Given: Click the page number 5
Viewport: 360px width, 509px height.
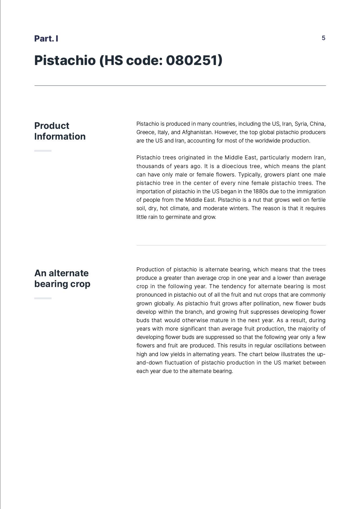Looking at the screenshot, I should (x=323, y=38).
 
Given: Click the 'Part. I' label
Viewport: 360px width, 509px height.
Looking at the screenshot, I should (x=46, y=39).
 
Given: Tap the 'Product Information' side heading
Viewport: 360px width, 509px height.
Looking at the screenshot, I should (x=60, y=131).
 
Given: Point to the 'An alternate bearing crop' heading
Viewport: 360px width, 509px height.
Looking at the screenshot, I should (x=62, y=278).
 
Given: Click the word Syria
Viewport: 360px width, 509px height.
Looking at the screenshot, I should (x=301, y=124).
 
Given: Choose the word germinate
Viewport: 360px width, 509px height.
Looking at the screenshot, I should (x=177, y=217).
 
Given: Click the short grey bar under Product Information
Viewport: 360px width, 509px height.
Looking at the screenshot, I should (x=43, y=151).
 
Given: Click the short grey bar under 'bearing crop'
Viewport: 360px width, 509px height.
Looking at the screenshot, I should (x=43, y=298).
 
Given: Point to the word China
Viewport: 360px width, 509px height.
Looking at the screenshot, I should (x=317, y=124).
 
